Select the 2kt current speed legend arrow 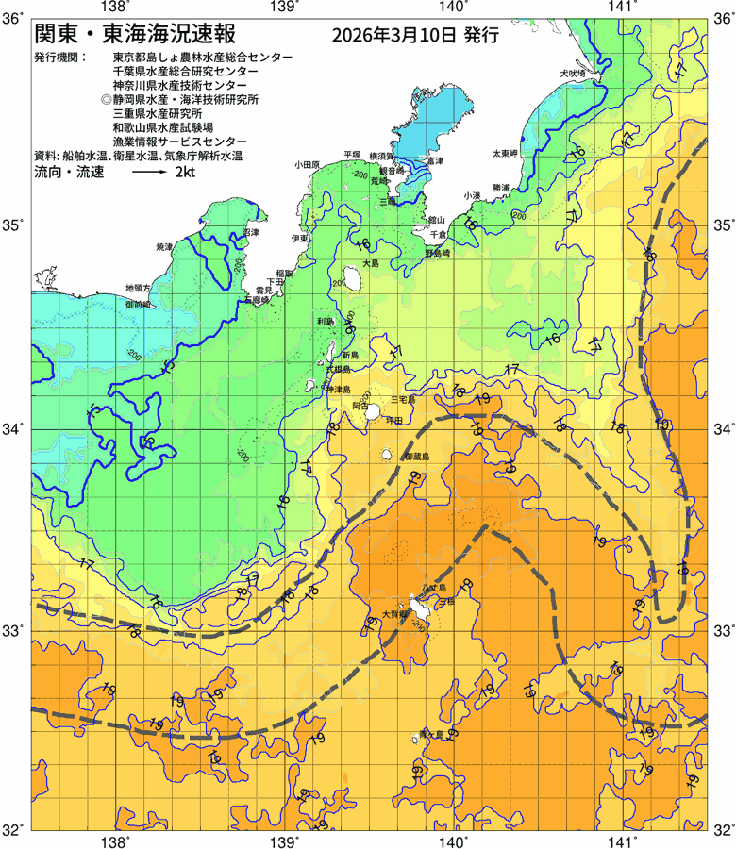tap(149, 174)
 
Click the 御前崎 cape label tap(139, 305)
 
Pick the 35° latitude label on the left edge tap(15, 226)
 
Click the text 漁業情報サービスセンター tap(179, 142)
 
